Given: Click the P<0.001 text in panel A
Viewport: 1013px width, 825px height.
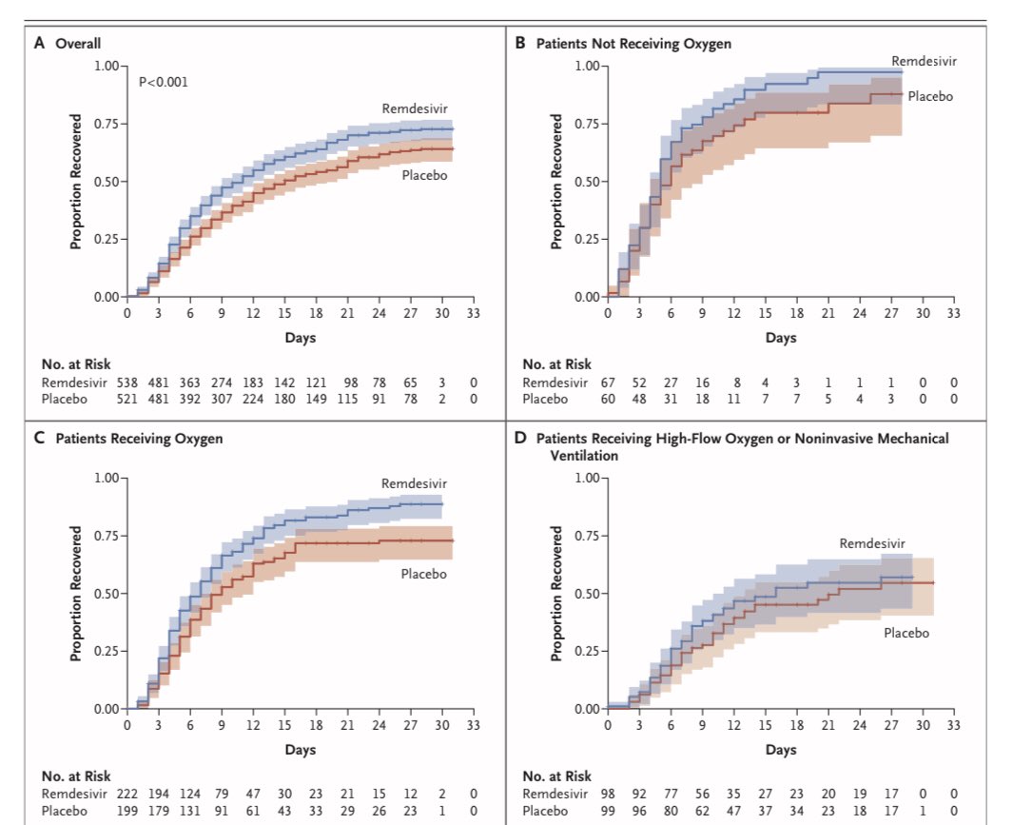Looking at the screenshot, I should tap(164, 82).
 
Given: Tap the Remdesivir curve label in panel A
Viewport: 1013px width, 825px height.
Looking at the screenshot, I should tap(412, 108).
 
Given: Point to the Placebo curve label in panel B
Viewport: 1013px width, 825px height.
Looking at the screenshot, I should tap(930, 96).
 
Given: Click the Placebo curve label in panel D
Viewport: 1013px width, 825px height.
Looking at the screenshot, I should tap(906, 633).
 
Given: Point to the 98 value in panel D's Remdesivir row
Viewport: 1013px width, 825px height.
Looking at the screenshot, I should tap(608, 793).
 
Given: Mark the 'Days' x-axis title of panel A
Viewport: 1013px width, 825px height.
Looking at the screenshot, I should tap(300, 337).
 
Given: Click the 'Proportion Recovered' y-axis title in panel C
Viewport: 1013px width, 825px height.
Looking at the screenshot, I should tap(75, 594).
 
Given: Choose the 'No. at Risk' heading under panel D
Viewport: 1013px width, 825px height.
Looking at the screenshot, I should tap(556, 776).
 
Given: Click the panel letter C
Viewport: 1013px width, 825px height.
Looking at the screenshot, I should tap(40, 439).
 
